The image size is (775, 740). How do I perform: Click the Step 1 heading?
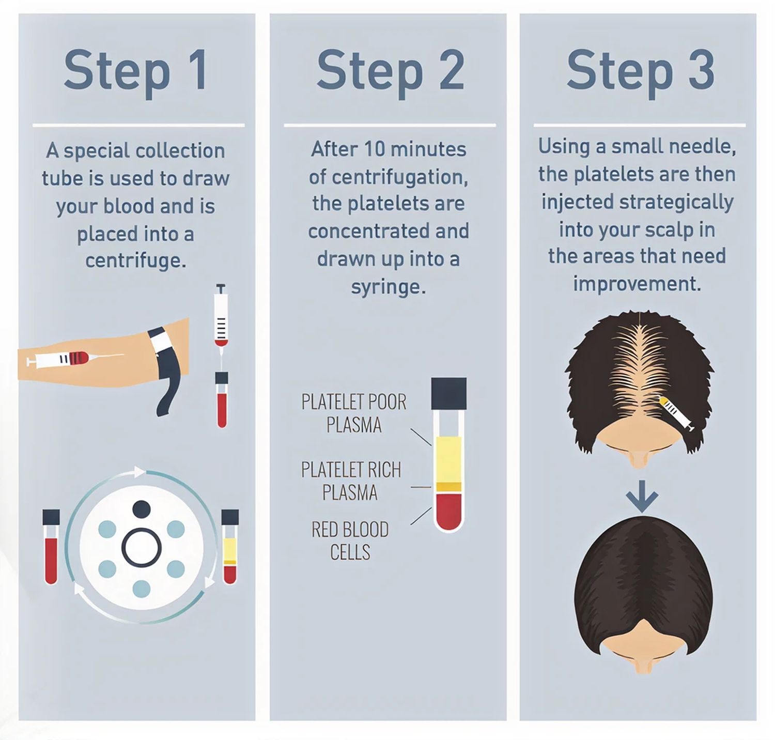point(136,71)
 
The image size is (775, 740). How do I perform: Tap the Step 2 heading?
point(390,71)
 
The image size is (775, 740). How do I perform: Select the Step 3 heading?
point(640,71)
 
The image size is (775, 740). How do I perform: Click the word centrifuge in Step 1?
point(135,260)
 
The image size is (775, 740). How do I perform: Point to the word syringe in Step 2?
point(388,287)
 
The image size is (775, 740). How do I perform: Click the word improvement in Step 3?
point(637,283)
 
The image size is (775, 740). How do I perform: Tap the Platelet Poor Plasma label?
point(354,413)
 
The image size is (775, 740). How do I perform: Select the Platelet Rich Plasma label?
point(351,481)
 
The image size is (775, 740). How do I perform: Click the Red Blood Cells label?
point(350,541)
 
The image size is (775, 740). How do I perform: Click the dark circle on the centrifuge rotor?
point(142,509)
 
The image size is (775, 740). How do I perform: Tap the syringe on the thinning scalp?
point(676,413)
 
